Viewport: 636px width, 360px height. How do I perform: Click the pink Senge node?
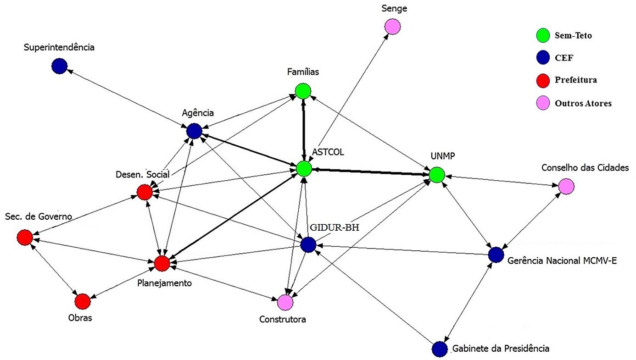[x=392, y=27]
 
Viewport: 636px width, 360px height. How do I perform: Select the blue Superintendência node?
[x=59, y=66]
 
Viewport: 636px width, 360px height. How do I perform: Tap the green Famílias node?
[x=303, y=91]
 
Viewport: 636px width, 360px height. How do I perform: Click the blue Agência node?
[x=195, y=131]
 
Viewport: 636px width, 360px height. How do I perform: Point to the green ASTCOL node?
[x=303, y=169]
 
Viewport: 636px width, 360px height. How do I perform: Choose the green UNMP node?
[x=437, y=175]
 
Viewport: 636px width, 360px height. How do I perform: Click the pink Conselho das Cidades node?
[x=566, y=186]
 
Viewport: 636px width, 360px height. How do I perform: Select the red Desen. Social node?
[x=145, y=192]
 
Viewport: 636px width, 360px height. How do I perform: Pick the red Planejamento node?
[x=162, y=263]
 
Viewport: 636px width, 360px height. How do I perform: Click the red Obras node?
[x=83, y=301]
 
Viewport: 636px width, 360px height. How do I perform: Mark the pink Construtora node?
[x=285, y=302]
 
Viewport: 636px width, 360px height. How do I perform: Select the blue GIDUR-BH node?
[x=307, y=245]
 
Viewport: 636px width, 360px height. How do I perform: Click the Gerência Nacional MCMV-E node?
[x=496, y=255]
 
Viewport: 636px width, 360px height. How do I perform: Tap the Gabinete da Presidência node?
[x=439, y=349]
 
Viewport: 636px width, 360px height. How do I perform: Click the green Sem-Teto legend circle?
[x=543, y=35]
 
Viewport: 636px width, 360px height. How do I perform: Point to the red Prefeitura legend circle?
[x=543, y=80]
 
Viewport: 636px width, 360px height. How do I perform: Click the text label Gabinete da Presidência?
[x=501, y=349]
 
